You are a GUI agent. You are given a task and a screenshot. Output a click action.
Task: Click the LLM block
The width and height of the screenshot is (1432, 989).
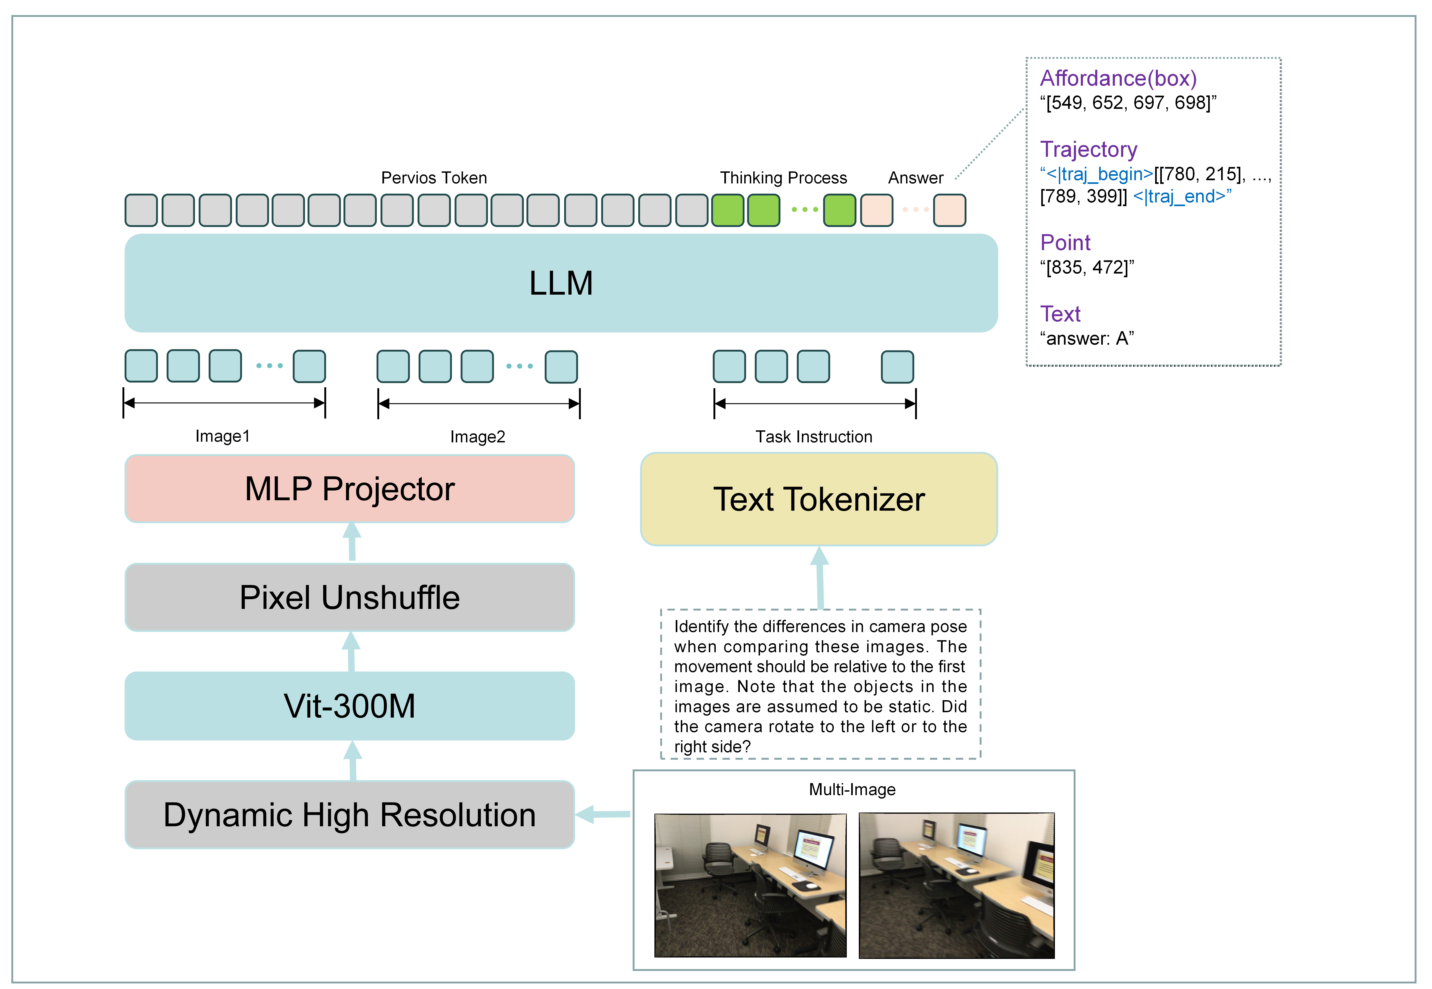click(560, 283)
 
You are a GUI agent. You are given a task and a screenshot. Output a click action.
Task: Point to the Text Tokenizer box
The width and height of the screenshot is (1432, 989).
click(819, 499)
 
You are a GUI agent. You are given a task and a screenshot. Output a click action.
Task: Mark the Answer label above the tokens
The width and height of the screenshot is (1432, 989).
click(916, 178)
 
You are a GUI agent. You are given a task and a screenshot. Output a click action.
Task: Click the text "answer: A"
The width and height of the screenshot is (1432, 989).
click(1087, 338)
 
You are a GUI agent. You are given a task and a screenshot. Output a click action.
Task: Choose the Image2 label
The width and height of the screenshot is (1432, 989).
click(478, 437)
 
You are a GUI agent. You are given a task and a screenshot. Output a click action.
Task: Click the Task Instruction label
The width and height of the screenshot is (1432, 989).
click(813, 437)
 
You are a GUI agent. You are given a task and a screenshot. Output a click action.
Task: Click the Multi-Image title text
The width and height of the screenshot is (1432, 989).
click(852, 790)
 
